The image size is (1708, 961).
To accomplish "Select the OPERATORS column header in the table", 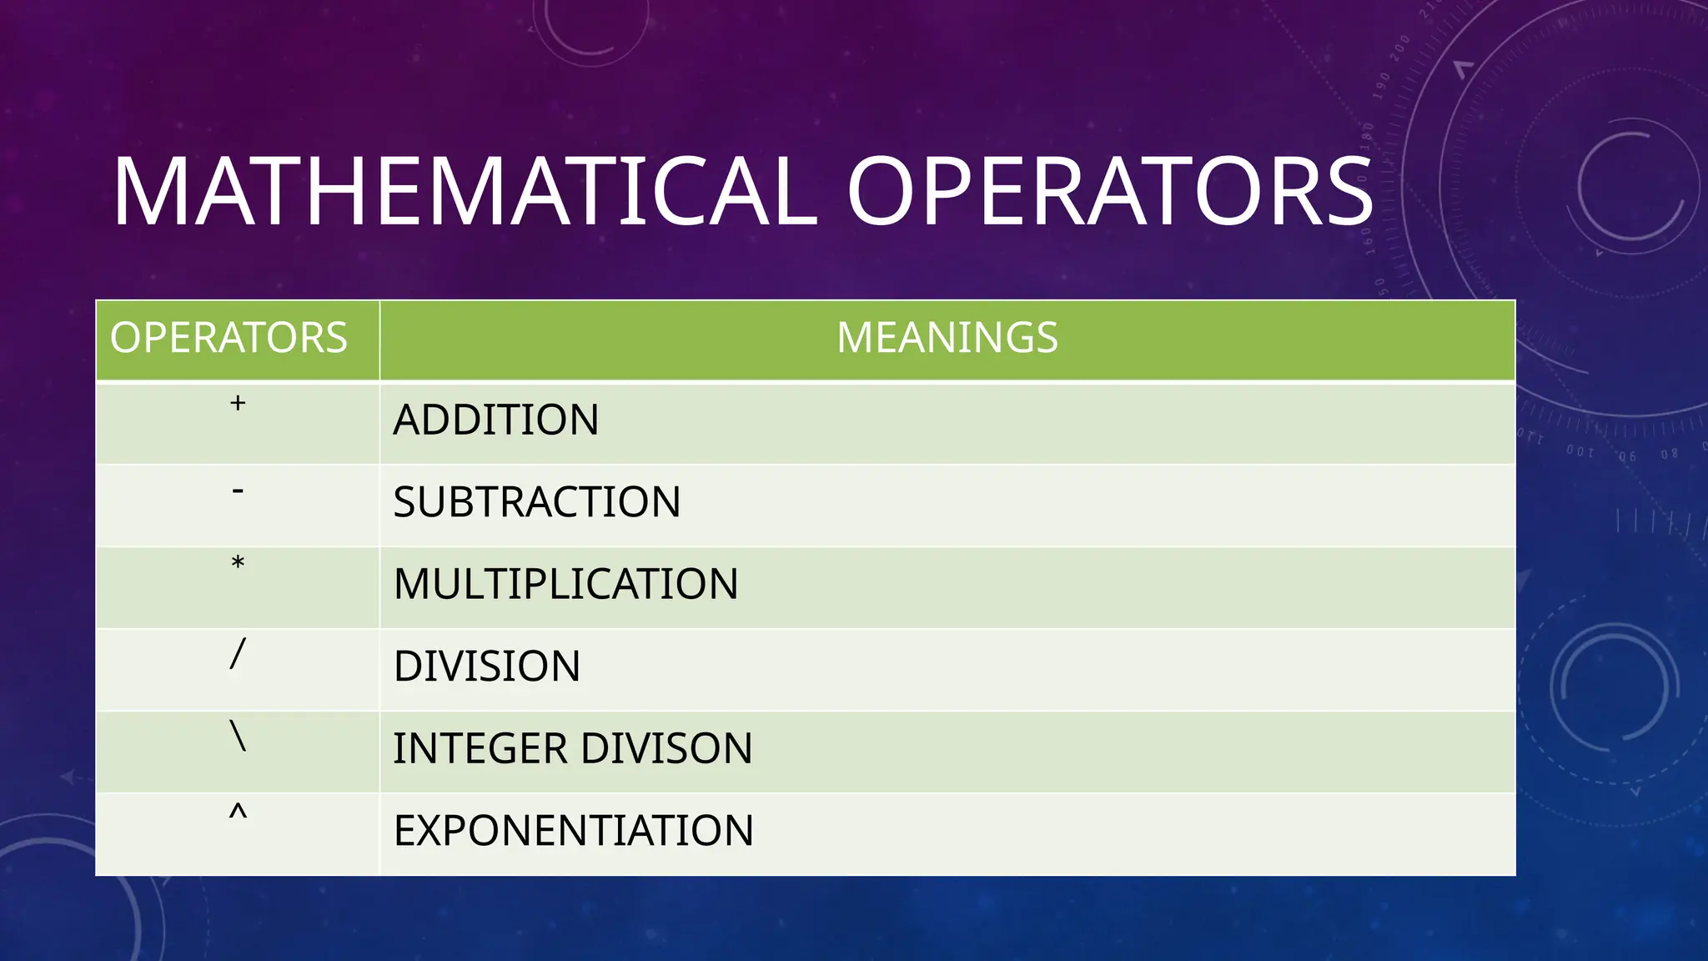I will tap(229, 338).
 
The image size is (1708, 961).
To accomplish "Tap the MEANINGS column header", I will tap(947, 338).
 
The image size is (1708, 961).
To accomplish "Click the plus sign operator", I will tap(238, 404).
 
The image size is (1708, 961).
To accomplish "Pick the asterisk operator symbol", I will tap(238, 564).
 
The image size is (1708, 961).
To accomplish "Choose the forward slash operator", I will tap(238, 653).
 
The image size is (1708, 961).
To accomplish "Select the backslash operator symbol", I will tap(238, 736).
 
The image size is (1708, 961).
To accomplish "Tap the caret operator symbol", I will tap(238, 813).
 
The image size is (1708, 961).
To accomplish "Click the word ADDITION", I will tap(495, 420).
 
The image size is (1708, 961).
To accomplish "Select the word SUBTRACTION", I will tap(536, 502).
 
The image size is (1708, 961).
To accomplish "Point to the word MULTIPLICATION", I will tap(565, 584).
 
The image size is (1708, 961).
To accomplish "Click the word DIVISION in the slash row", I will tap(486, 667).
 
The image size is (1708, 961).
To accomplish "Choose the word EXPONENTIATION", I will tap(573, 831).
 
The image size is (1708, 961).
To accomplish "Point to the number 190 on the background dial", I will tap(1381, 86).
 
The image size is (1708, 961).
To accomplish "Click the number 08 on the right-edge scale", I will tap(1669, 455).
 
